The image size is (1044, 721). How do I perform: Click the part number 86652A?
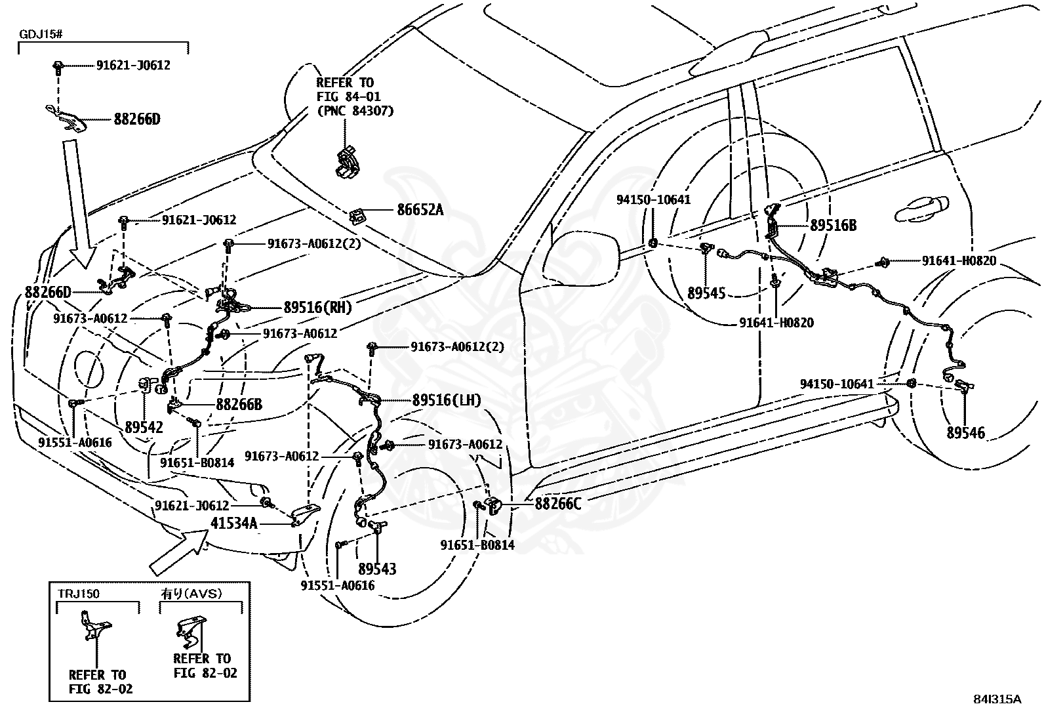[x=420, y=210]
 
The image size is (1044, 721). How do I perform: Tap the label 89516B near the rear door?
[x=833, y=225]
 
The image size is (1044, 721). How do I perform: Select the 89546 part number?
[x=965, y=432]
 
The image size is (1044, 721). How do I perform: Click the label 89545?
[x=706, y=293]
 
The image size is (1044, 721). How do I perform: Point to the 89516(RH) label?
[x=318, y=307]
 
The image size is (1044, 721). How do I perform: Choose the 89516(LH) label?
[x=447, y=400]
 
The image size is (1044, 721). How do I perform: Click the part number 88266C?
[x=558, y=503]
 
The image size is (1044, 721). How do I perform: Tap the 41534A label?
[x=234, y=523]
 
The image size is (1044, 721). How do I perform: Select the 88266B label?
[x=239, y=404]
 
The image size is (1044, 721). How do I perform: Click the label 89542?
[x=144, y=427]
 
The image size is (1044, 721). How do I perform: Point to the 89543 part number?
[x=377, y=569]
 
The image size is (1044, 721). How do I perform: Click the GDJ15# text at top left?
[x=41, y=35]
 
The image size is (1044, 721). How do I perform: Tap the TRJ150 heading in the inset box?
[x=79, y=594]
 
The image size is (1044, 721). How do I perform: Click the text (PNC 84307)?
[x=355, y=111]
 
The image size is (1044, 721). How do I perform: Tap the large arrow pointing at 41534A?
[x=179, y=551]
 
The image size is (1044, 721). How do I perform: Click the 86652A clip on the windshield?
[x=357, y=215]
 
